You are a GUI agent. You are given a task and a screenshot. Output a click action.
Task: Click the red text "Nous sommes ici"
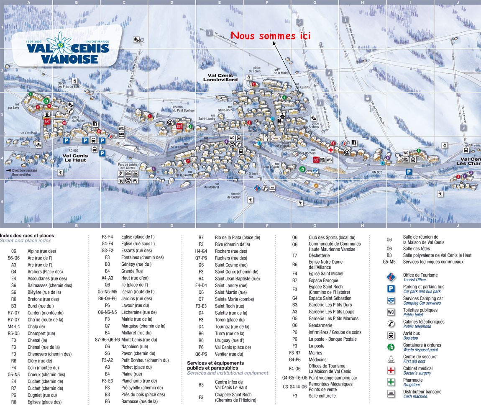[271, 36]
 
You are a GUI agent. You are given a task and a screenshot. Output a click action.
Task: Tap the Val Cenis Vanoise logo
[67, 49]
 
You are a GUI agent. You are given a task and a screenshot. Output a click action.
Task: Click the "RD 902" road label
[74, 150]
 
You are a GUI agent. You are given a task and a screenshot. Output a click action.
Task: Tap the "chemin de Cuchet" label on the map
[235, 195]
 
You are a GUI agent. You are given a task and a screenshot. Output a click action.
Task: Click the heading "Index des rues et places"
[27, 236]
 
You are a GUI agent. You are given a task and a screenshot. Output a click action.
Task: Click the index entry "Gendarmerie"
[320, 325]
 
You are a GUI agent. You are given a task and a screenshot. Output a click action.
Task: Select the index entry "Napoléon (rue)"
[134, 347]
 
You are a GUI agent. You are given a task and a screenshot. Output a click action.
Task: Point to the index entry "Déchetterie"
[319, 255]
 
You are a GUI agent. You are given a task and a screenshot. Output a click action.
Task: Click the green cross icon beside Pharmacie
[391, 382]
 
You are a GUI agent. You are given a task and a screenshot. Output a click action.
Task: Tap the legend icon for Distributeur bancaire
[391, 393]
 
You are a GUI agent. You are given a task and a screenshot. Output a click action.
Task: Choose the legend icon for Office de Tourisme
[391, 277]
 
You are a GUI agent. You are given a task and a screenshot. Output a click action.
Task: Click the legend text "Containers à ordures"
[422, 345]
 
